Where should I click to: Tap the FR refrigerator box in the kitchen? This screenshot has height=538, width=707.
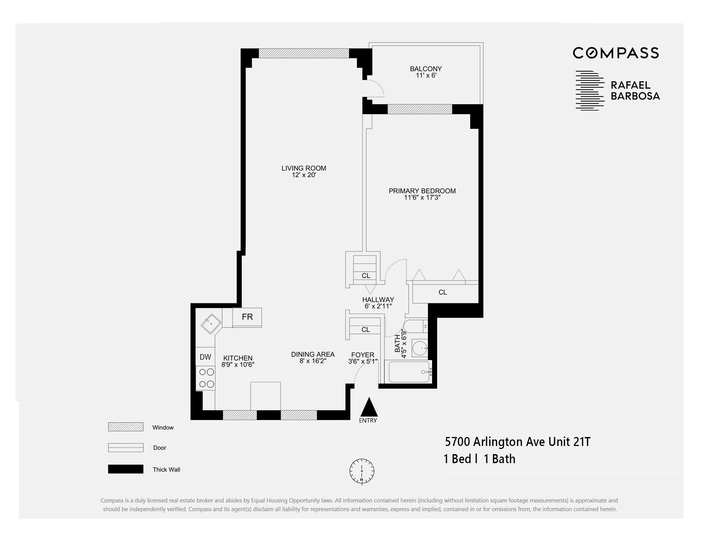247,317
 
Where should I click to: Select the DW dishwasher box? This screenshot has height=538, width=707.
205,357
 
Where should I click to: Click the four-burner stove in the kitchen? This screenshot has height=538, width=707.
206,378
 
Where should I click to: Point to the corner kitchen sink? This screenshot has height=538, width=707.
211,324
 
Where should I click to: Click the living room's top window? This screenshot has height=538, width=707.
304,53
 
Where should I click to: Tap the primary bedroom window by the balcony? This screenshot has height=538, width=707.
420,109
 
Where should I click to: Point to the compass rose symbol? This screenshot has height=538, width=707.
362,471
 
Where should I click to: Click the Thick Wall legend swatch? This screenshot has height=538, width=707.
126,469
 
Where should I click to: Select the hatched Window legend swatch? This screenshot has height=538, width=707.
126,427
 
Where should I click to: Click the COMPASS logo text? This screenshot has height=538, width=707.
616,53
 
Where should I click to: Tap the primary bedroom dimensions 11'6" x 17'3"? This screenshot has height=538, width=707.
422,198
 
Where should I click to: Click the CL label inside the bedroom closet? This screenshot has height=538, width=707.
442,292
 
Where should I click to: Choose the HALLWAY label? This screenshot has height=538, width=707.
378,300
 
